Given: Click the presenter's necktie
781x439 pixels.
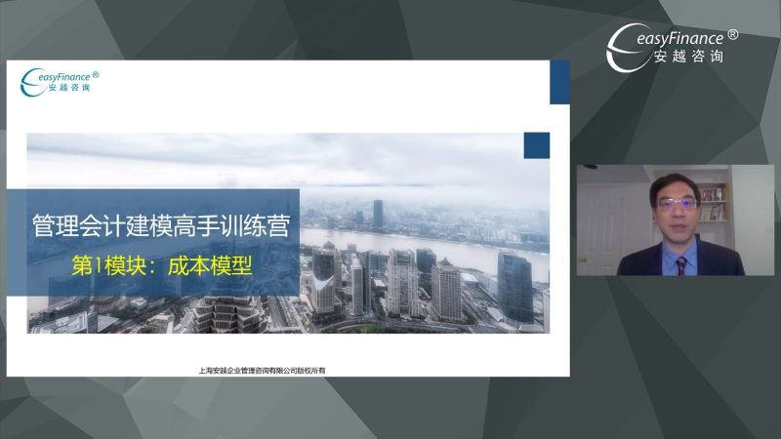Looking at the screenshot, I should (680, 262).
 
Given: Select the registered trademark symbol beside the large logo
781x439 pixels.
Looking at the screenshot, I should (733, 34).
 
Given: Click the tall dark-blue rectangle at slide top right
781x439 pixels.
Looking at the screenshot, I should (559, 82).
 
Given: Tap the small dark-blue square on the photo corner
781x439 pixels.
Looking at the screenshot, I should (536, 145).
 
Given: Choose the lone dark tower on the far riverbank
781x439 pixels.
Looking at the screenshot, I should (378, 214).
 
